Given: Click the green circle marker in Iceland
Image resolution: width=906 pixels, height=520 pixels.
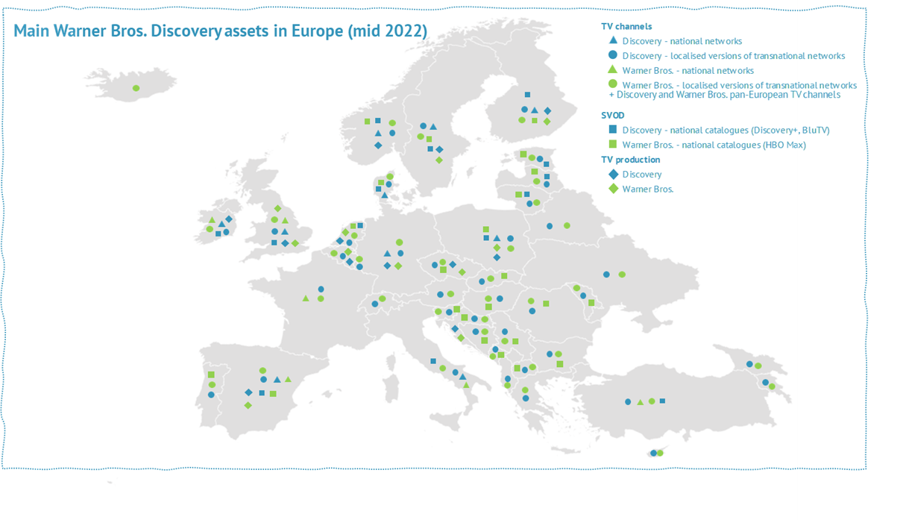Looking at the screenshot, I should click(x=136, y=88).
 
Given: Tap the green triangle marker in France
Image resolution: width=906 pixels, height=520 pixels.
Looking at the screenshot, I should click(x=305, y=298).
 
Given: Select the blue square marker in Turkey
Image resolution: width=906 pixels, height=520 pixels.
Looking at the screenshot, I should click(x=662, y=401).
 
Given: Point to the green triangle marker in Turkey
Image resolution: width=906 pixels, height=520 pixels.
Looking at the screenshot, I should click(x=640, y=402).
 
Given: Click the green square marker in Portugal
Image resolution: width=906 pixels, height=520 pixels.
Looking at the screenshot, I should click(x=211, y=375).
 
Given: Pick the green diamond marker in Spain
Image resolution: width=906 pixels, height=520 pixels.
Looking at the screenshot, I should click(x=248, y=405).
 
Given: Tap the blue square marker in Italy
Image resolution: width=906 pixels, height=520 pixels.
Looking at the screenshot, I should click(x=432, y=361).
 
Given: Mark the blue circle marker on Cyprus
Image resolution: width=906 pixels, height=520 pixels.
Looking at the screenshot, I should click(x=653, y=453).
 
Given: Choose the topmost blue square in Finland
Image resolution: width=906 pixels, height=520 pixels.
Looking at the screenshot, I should click(x=527, y=95).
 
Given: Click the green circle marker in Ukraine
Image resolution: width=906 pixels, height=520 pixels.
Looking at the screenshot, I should click(x=622, y=275).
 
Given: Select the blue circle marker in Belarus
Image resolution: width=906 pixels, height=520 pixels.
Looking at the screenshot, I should click(x=550, y=225).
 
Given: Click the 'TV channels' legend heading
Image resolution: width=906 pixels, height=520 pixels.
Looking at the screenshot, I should click(x=626, y=26).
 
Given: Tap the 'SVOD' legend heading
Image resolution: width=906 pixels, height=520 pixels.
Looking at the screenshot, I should click(x=613, y=116).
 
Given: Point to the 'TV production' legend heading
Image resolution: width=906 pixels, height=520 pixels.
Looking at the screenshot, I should click(x=630, y=160).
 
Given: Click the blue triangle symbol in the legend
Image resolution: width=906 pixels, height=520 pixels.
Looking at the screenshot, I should click(x=612, y=40).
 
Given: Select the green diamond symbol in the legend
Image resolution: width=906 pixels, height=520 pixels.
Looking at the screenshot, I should click(x=612, y=189).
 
